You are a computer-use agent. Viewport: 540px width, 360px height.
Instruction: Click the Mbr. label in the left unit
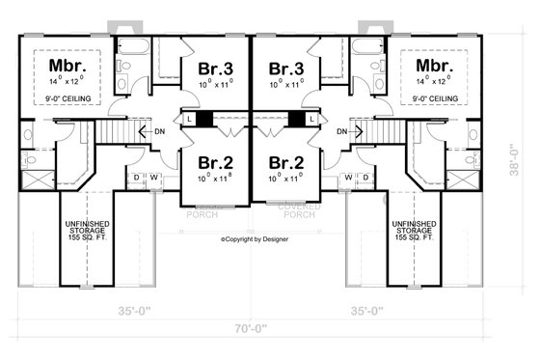coord(67,67)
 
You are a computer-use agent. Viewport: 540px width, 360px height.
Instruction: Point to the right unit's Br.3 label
coord(287,69)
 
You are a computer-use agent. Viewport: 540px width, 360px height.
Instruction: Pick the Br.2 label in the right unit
coord(287,161)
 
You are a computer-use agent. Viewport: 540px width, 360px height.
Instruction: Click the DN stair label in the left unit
coord(157,131)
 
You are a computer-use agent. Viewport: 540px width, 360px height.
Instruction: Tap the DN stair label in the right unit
coord(343,131)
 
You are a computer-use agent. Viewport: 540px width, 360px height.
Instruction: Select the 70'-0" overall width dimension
coord(251,329)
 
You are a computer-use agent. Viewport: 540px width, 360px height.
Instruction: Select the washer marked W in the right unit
coord(349,177)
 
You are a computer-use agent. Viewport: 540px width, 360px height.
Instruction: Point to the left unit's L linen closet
coord(190,119)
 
